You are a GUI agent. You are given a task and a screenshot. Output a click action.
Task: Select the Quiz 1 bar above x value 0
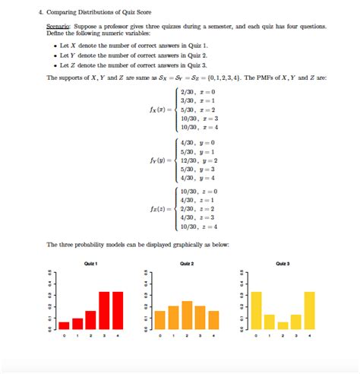pos(64,325)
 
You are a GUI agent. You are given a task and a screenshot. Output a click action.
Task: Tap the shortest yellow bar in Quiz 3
pos(283,325)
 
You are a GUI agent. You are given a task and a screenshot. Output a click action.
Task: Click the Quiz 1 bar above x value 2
pos(90,319)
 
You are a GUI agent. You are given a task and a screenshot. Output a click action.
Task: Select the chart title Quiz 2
pos(186,264)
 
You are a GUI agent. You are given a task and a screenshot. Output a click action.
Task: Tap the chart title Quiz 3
pos(283,264)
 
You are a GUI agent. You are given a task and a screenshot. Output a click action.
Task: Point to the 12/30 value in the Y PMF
pos(186,160)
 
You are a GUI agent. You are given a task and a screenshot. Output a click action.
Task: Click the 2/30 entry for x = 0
pos(185,90)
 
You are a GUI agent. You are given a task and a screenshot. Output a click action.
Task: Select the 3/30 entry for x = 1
pos(185,100)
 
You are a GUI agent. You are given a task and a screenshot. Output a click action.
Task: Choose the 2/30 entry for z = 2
pos(185,208)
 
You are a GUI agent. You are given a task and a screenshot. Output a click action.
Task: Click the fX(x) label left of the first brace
pos(160,109)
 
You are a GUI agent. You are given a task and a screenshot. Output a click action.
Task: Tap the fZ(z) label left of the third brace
pos(160,208)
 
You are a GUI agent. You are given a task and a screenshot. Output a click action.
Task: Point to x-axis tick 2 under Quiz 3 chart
pos(283,335)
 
